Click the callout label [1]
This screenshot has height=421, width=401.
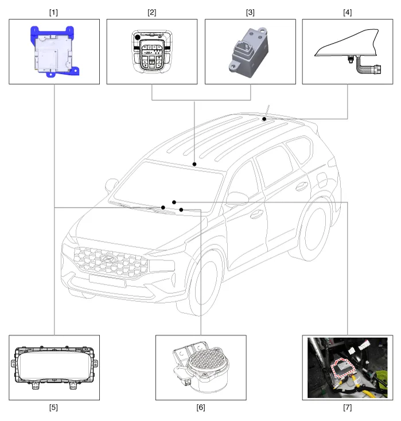pos(54,12)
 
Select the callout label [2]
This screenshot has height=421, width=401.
pos(152,12)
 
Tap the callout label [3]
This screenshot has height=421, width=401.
pos(250,12)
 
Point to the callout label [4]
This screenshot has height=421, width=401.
pos(348,12)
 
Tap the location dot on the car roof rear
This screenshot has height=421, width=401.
pos(264,119)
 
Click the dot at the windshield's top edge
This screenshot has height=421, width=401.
pos(194,164)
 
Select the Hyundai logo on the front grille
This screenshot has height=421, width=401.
pos(107,259)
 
